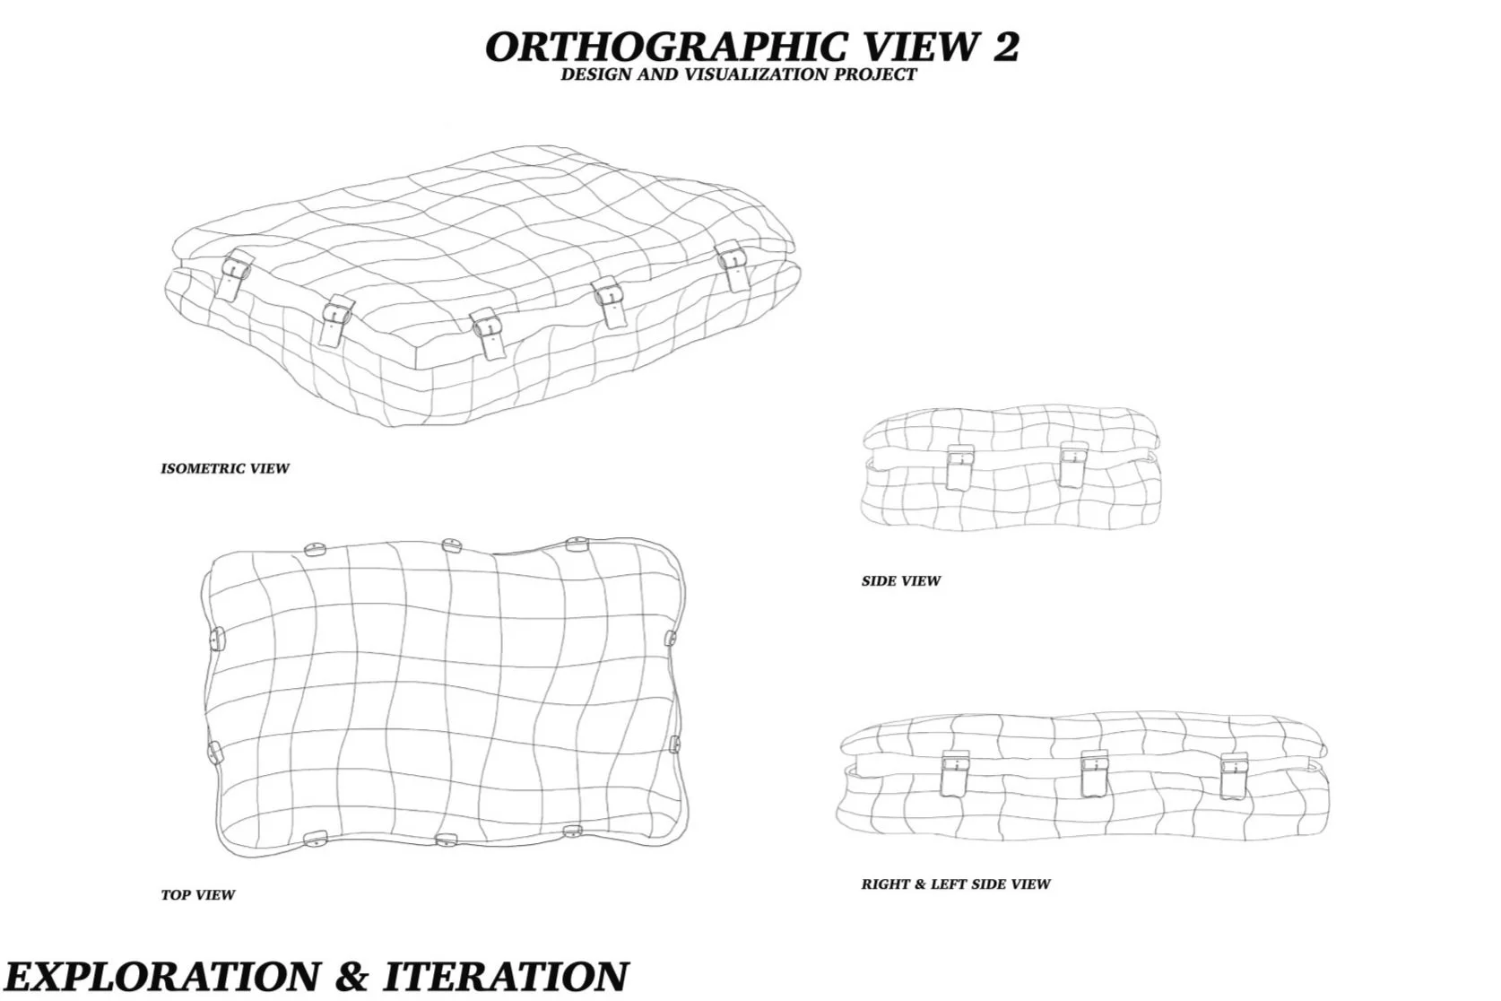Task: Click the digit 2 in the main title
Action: point(1005,47)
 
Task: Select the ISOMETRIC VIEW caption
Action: point(225,468)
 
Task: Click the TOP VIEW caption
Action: point(198,894)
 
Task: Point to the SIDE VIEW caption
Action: point(901,580)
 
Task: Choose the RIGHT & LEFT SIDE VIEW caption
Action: point(956,883)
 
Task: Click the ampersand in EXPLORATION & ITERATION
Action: point(351,975)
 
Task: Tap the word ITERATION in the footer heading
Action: point(506,975)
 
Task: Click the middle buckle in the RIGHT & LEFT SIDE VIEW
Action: point(1094,774)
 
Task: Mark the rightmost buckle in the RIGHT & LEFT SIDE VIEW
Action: point(1234,776)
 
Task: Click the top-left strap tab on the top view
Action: point(315,549)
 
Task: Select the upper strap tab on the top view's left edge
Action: point(214,639)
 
